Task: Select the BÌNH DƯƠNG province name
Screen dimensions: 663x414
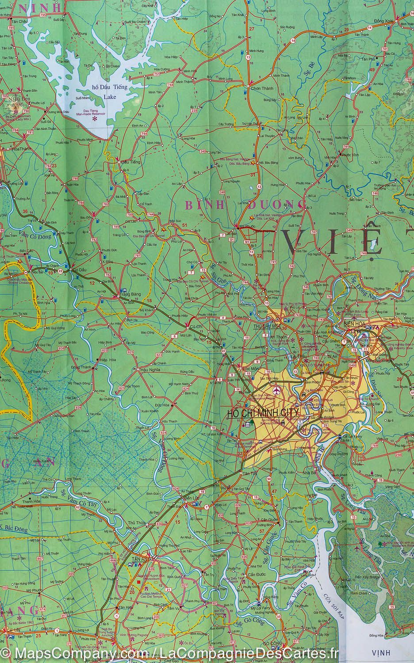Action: (x=245, y=205)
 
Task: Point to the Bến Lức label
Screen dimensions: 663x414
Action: (x=192, y=498)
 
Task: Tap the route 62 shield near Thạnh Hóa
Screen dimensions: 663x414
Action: (x=78, y=507)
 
